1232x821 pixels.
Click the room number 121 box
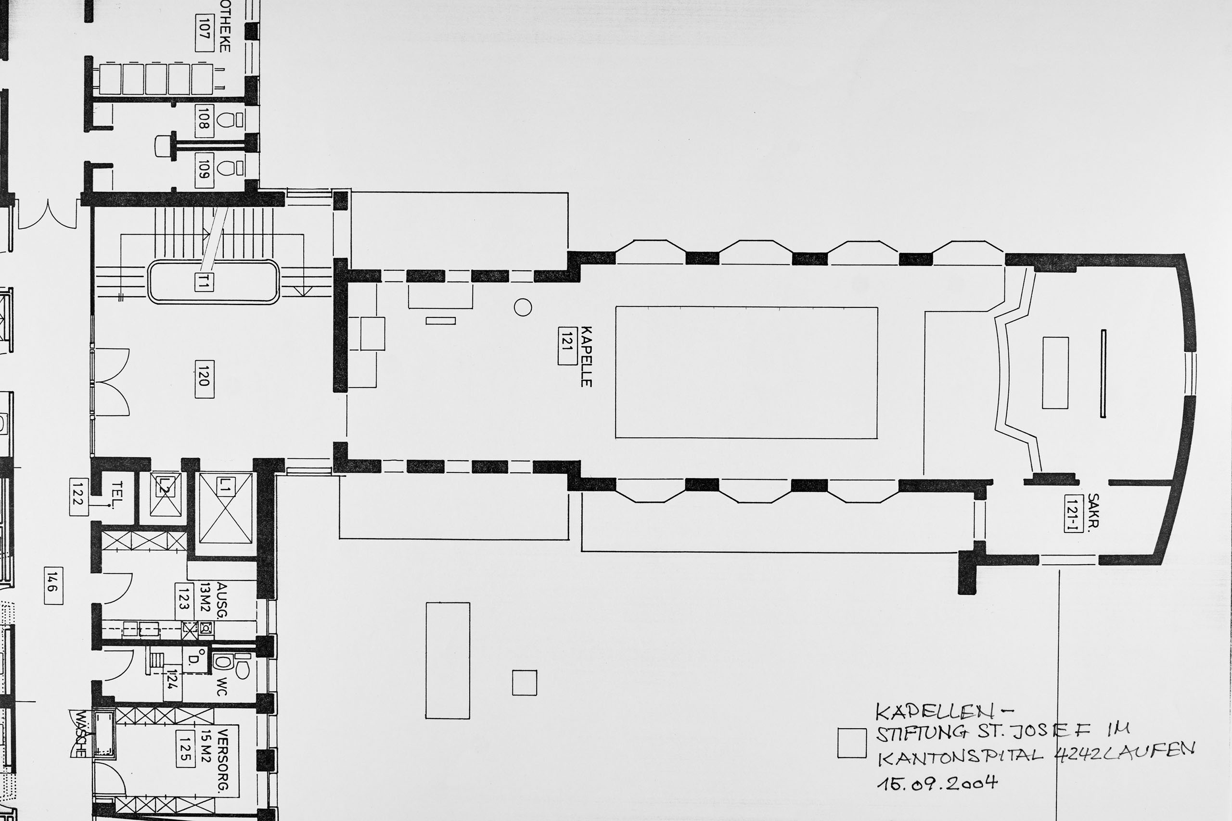[567, 346]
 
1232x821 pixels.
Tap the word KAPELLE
[586, 356]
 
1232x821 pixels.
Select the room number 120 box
[204, 379]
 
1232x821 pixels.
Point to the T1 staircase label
[203, 282]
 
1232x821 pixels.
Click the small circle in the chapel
[523, 307]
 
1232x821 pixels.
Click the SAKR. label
[1093, 510]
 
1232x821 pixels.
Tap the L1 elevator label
[225, 486]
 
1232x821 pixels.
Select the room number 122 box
[78, 496]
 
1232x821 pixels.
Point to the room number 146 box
[53, 585]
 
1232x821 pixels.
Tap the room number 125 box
[185, 749]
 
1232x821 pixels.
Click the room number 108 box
[204, 121]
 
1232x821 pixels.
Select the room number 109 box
[204, 170]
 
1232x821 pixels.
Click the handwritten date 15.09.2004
[937, 784]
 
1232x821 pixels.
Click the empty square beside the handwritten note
[852, 744]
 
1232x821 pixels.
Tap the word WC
[222, 686]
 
